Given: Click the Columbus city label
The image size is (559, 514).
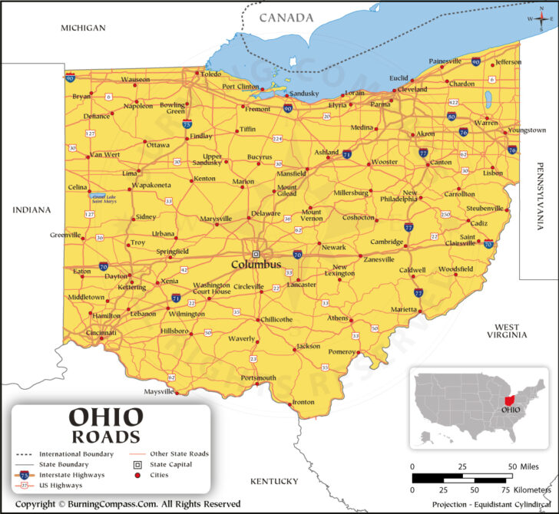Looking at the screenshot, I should point(256,265).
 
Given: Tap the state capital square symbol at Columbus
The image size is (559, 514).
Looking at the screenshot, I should point(256,253).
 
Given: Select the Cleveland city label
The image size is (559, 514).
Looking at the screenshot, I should point(412,89).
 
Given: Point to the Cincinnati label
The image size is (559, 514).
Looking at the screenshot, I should point(101,333).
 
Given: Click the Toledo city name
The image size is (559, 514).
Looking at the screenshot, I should point(210,74).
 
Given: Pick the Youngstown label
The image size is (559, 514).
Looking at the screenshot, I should point(527,130).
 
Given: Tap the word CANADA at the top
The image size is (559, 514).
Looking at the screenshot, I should point(286,18).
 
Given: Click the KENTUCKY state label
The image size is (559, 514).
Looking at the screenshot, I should point(273,481).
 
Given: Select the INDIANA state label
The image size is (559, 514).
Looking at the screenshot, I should point(31,209).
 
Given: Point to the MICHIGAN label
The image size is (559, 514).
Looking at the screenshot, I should point(83,28).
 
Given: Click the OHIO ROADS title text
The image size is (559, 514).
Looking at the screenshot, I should point(106,426).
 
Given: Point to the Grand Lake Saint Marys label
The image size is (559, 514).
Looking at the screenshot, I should point(104,199).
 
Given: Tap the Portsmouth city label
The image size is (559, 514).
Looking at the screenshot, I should point(258,378).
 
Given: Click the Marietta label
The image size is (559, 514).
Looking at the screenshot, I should point(404,309).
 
